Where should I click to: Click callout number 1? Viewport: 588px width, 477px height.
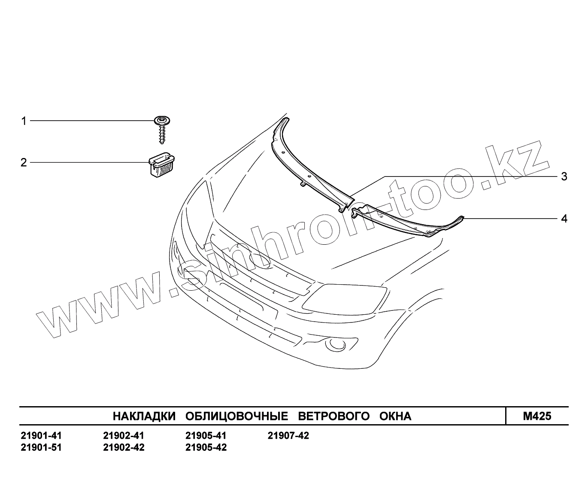[24, 121]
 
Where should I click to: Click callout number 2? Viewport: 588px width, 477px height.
[24, 162]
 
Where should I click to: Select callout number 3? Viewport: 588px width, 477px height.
[564, 176]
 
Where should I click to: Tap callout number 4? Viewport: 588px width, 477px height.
[564, 219]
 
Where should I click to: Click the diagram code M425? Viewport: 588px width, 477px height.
[537, 416]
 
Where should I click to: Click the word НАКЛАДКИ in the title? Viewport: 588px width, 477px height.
[144, 416]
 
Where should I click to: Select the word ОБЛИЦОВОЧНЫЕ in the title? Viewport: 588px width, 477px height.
[236, 416]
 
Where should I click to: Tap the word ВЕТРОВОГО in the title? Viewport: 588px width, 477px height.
[333, 416]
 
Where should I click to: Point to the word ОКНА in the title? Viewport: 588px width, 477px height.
[395, 416]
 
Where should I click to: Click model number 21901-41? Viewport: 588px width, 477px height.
[41, 436]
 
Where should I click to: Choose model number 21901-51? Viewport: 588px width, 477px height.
[41, 447]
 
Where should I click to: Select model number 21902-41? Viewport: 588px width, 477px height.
[124, 436]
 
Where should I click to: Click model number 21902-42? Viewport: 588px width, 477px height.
[124, 447]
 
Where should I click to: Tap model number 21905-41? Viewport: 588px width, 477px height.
[206, 436]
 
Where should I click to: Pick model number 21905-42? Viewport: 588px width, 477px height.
[206, 447]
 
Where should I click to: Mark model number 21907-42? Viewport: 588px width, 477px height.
[288, 436]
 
